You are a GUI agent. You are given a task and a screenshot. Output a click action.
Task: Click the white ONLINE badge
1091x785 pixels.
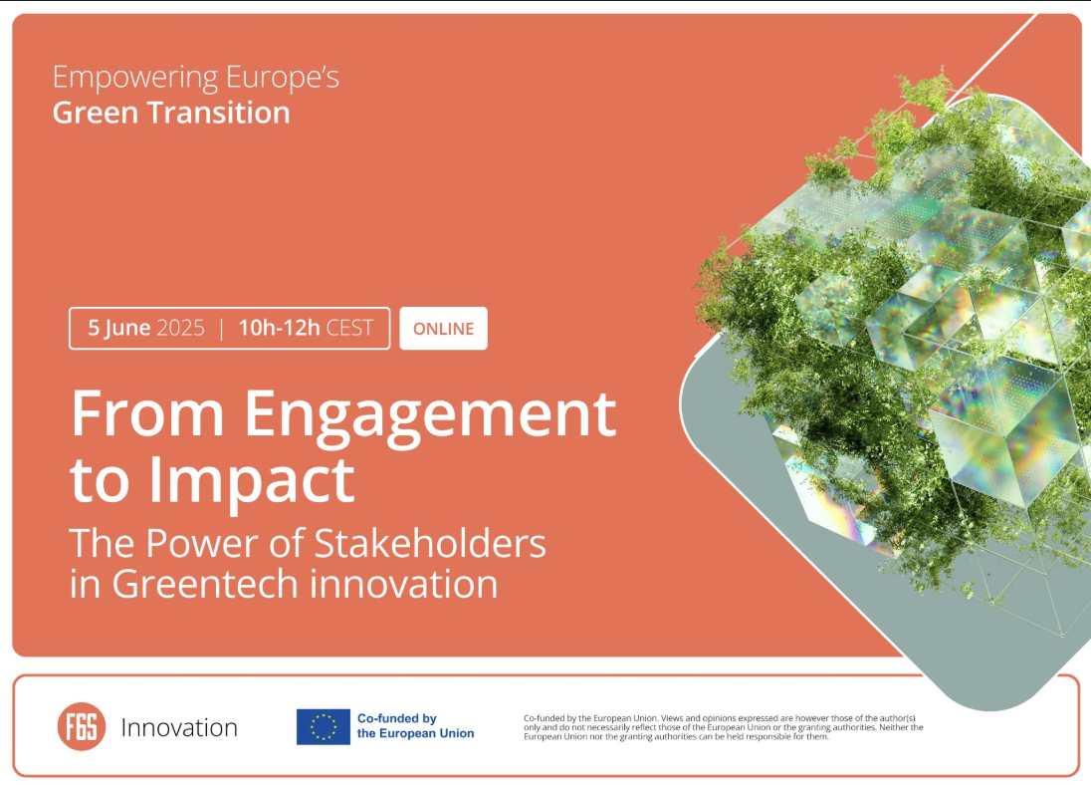coord(443,328)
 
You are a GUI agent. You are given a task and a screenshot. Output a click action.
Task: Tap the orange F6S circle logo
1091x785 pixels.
coord(82,726)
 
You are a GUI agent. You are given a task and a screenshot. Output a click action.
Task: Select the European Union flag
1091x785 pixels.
coord(323,726)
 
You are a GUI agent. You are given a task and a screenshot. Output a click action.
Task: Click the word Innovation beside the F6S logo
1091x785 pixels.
coord(179,727)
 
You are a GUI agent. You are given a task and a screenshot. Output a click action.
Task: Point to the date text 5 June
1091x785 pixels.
coord(119,328)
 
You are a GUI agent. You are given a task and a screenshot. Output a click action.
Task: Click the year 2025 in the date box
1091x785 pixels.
coord(181,328)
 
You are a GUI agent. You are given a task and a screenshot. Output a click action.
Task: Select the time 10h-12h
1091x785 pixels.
coord(279,328)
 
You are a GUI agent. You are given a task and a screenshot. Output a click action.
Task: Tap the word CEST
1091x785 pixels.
coord(350,328)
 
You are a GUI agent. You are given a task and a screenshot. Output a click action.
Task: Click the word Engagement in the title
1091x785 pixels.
coord(430,416)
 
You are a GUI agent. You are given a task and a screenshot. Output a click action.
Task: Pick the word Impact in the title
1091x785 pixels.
coord(251,478)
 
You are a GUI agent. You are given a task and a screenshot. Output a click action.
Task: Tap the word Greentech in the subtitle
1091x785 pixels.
coord(205,584)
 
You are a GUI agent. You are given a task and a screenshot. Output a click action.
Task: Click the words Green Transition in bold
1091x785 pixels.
coord(171,113)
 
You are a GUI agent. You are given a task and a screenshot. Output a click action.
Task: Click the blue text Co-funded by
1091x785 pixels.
coord(396,718)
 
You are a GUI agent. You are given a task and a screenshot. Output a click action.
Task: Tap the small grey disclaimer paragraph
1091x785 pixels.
coord(724,727)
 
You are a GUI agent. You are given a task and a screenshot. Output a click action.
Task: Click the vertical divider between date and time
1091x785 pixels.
coord(221,328)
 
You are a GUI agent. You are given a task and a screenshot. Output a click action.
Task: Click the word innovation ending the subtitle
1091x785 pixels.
coord(403,584)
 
